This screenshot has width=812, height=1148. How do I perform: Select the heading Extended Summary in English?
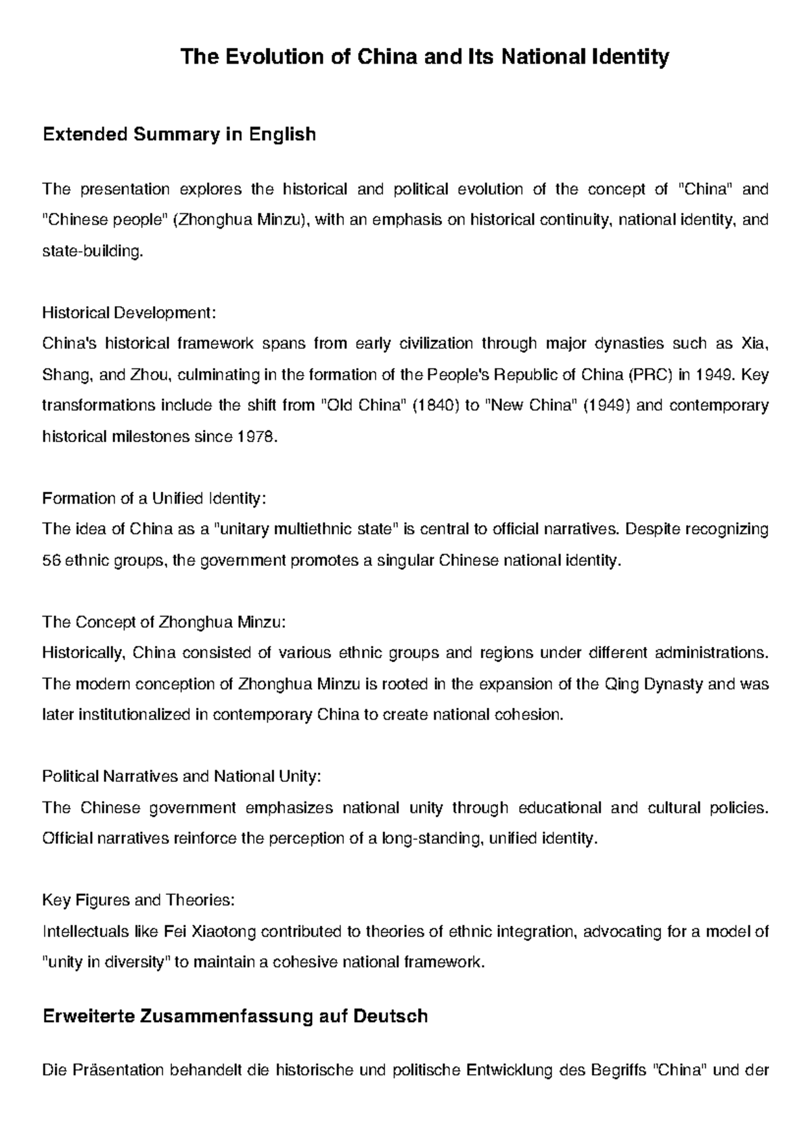click(x=179, y=135)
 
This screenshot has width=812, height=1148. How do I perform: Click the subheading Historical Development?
click(x=129, y=313)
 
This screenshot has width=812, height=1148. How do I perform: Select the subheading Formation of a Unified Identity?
click(x=154, y=499)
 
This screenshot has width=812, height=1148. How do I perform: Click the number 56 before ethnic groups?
click(x=51, y=560)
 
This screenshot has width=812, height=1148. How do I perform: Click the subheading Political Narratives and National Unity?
click(x=181, y=776)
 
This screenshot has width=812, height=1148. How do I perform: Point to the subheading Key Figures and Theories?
click(x=138, y=900)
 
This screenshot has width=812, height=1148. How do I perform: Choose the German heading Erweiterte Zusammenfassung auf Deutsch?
click(x=235, y=1017)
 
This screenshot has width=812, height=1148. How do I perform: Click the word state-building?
click(x=93, y=252)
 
